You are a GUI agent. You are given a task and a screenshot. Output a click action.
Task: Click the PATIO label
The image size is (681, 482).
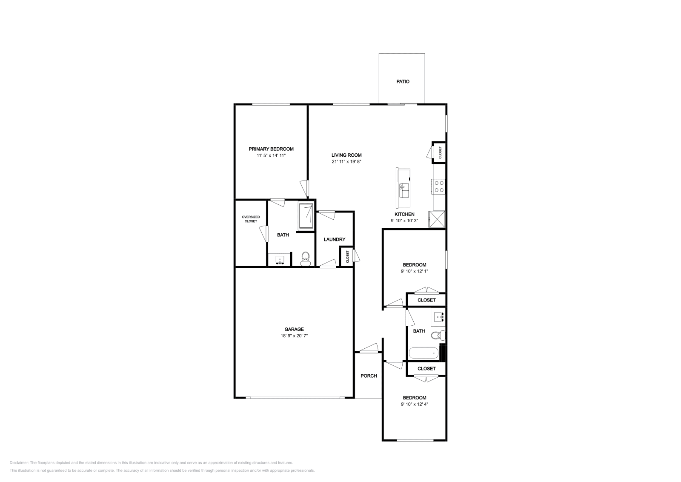[403, 81]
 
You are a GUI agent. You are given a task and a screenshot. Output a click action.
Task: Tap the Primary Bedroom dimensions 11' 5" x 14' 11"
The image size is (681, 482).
[271, 155]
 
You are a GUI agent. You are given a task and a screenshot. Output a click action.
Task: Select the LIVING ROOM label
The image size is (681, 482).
[346, 155]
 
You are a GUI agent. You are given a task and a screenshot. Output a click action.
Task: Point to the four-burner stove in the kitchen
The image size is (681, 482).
[439, 186]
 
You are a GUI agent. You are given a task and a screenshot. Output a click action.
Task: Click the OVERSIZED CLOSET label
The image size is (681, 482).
[251, 219]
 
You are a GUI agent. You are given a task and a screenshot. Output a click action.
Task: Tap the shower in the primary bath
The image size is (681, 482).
[306, 217]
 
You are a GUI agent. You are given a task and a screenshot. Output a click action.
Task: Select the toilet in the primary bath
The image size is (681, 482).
[305, 258]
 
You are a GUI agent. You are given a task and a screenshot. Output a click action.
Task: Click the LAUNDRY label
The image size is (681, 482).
[334, 239]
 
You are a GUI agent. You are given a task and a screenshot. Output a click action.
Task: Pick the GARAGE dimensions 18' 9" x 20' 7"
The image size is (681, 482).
[294, 336]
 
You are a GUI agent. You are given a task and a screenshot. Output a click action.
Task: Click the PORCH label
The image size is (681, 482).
[369, 376]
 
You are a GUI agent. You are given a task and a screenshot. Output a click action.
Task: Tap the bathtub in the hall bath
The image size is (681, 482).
[423, 353]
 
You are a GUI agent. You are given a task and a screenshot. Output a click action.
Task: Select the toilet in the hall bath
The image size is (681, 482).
[437, 336]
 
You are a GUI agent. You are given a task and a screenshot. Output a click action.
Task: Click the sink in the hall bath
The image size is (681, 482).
[438, 317]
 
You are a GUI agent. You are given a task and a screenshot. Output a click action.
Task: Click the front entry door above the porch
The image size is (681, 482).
[369, 348]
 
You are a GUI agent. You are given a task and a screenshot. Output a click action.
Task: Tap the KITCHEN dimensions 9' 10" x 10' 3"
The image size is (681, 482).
[404, 221]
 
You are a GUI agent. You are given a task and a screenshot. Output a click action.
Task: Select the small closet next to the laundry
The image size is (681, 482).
[347, 257]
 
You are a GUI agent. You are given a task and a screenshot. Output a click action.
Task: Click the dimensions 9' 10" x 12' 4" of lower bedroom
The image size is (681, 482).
[414, 404]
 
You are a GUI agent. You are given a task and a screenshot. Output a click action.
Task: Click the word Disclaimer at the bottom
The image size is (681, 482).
[18, 462]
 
